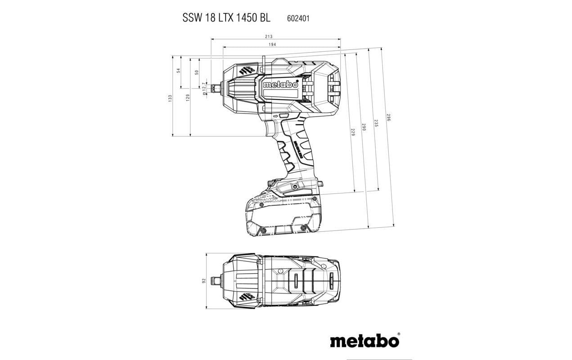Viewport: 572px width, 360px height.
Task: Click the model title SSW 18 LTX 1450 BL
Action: pos(226,18)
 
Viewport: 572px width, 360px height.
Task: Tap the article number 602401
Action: pos(298,18)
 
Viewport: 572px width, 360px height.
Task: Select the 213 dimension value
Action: pos(269,36)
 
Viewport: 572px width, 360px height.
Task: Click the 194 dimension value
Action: pos(272,45)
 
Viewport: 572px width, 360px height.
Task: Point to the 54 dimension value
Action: pos(178,71)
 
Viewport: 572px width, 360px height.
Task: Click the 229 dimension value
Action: pos(352,132)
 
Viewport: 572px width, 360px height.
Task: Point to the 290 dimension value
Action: pos(364,127)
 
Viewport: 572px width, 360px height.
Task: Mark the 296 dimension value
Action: pos(388,118)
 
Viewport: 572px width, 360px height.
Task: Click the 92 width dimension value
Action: pos(203,281)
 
